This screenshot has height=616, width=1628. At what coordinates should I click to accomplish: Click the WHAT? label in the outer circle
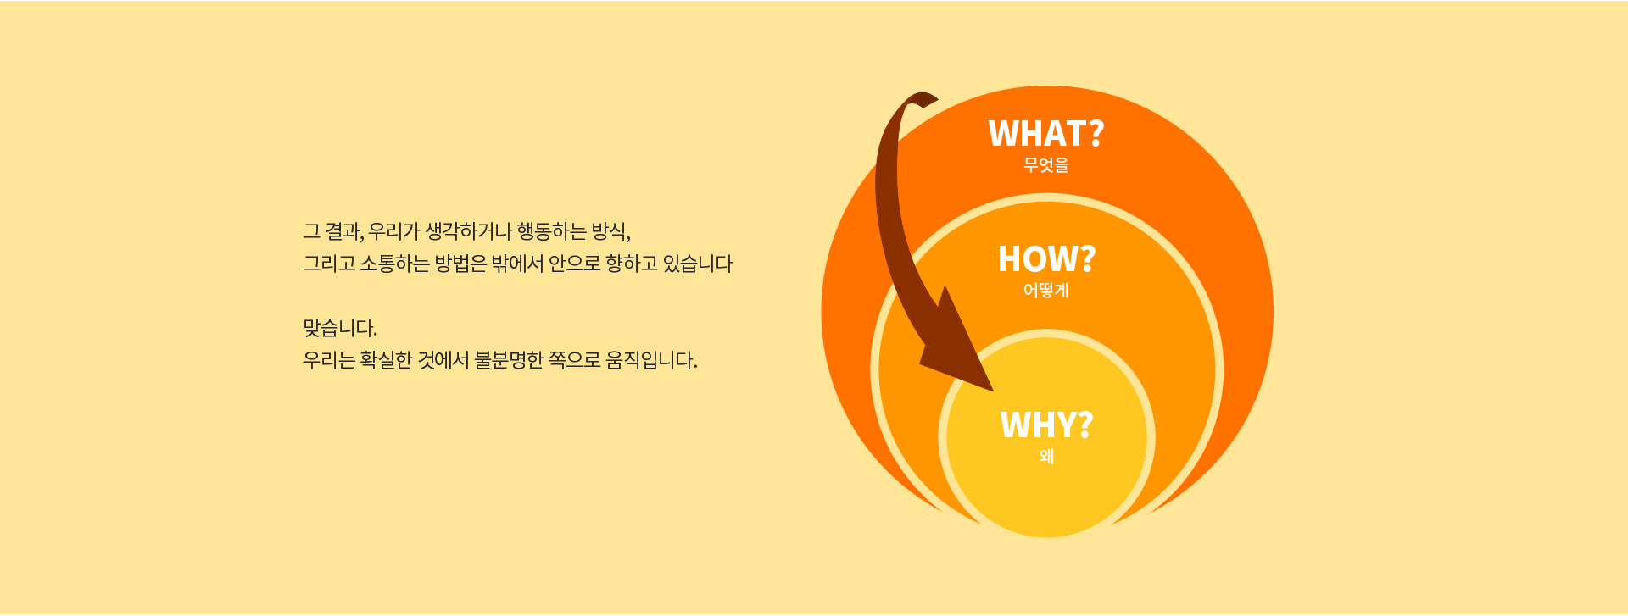[x=1046, y=134]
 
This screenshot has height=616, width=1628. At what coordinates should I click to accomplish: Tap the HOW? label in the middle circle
[x=1046, y=259]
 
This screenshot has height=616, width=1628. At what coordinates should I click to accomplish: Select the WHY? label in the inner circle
[x=1046, y=425]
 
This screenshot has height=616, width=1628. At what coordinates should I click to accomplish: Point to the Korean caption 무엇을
[x=1046, y=165]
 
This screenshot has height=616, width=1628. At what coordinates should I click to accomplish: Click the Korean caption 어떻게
[x=1046, y=291]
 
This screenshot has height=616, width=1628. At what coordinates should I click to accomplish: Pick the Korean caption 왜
[x=1046, y=457]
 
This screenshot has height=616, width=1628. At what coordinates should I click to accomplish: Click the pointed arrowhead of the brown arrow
[x=992, y=391]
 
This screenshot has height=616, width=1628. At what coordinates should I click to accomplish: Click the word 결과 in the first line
[x=343, y=231]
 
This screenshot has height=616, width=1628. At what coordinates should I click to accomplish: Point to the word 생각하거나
[x=468, y=231]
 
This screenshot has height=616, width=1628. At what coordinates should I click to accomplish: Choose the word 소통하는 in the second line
[x=394, y=264]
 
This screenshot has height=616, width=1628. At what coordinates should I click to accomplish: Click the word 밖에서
[x=517, y=264]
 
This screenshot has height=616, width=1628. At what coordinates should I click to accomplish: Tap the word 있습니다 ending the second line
[x=697, y=264]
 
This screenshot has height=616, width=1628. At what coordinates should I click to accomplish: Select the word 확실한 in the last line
[x=386, y=360]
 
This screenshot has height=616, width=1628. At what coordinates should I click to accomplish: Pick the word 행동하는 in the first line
[x=551, y=231]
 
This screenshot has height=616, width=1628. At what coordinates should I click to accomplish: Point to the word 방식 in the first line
[x=609, y=231]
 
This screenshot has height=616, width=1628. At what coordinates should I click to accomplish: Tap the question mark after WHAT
[x=1096, y=134]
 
